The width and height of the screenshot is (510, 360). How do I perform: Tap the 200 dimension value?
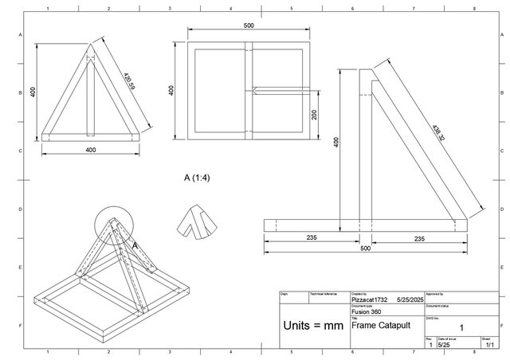(316, 115)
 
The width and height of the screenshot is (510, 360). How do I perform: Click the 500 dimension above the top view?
(249, 26)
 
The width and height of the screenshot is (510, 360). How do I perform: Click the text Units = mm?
(312, 327)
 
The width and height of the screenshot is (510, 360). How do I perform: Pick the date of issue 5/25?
(443, 345)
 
